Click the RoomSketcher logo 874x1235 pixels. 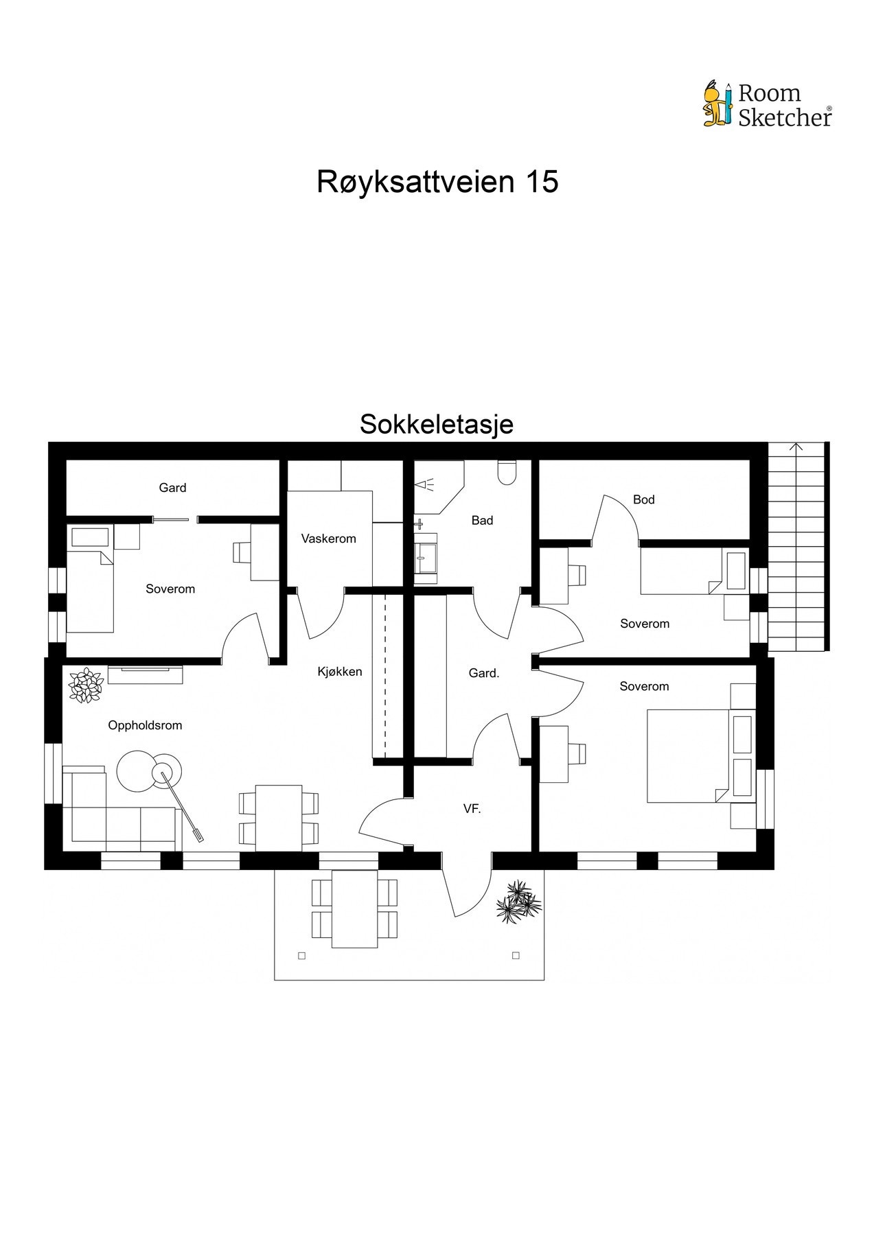[768, 105]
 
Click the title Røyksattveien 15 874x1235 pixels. [437, 182]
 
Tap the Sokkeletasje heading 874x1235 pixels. [437, 424]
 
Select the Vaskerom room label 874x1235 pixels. [328, 539]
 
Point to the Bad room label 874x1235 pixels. [482, 520]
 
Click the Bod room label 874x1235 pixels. [643, 499]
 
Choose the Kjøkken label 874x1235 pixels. [339, 671]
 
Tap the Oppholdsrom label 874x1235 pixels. [145, 725]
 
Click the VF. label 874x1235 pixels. [472, 809]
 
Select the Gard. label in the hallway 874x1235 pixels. [483, 673]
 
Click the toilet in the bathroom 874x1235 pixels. [507, 473]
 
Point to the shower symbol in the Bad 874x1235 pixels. [425, 485]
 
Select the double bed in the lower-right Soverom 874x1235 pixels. [687, 755]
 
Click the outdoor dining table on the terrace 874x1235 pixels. [354, 908]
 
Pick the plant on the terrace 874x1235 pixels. [518, 900]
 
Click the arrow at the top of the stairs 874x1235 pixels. [796, 447]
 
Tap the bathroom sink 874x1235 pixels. [425, 557]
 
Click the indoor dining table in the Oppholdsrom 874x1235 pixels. [278, 817]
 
